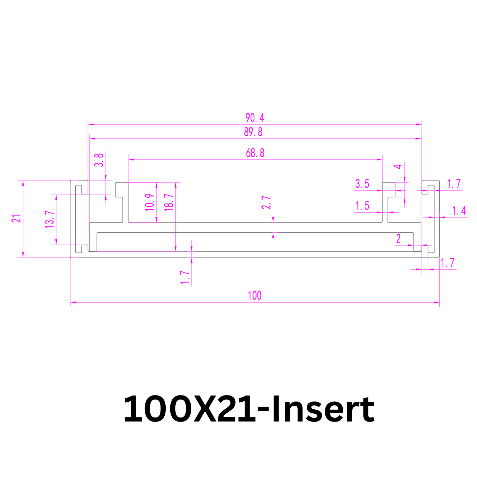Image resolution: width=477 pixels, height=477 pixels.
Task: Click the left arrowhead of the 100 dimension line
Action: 73,302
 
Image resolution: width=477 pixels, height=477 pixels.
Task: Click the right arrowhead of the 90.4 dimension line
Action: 419,124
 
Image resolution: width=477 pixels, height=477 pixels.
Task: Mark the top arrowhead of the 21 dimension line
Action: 23,183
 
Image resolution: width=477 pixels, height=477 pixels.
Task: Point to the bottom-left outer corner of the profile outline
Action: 71,258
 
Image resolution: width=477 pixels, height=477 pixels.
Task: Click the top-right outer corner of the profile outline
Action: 439,181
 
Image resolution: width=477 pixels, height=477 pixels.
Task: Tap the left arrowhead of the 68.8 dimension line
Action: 131,160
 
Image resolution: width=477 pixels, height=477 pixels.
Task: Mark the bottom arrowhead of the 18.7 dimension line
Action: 176,248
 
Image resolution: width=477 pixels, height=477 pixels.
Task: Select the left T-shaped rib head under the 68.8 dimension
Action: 122,189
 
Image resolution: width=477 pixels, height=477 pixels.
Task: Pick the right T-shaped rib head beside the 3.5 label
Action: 389,189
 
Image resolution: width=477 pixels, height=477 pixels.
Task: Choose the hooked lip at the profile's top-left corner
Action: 79,187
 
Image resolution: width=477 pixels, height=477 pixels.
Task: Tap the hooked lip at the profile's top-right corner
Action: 431,187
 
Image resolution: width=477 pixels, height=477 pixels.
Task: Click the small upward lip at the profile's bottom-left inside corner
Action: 85,248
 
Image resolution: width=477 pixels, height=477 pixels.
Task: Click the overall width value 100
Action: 255,295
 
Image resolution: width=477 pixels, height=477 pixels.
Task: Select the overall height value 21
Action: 16,219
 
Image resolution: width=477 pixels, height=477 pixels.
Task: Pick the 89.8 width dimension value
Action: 253,132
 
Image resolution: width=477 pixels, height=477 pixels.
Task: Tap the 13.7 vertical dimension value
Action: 50,219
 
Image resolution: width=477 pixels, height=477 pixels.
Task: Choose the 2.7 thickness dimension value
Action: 266,202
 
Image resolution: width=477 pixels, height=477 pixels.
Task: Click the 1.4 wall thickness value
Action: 459,211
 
